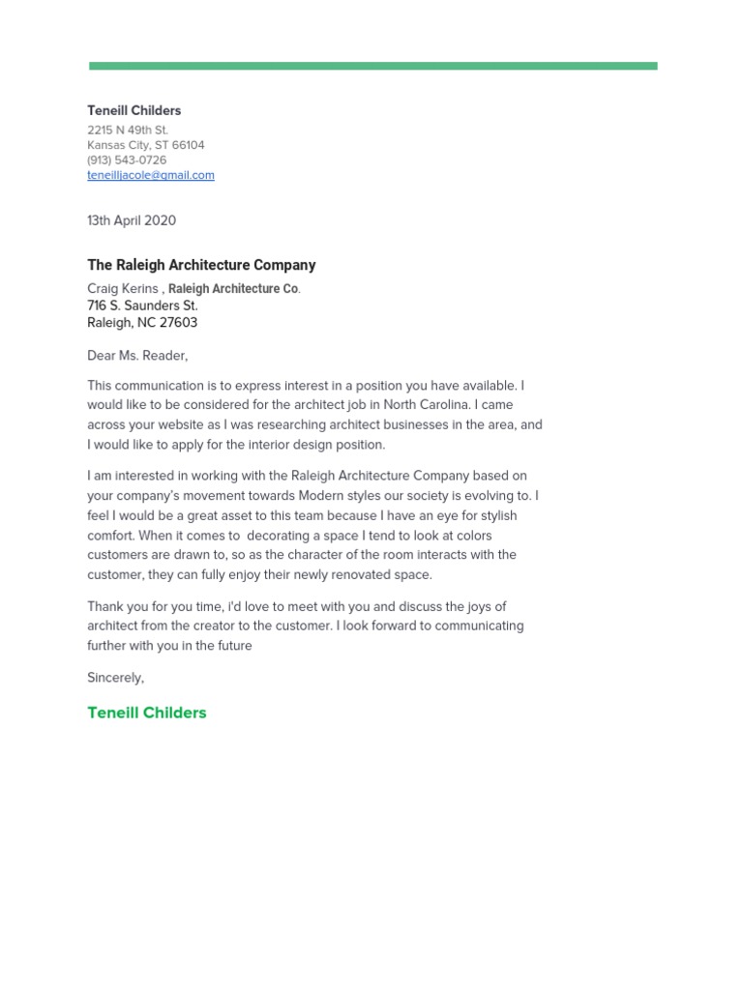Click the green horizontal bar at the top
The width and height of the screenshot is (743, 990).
(x=372, y=66)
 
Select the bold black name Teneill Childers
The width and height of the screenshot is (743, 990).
(x=134, y=110)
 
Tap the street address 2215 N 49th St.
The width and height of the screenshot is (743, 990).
(x=127, y=130)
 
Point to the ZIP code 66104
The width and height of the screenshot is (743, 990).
(x=188, y=145)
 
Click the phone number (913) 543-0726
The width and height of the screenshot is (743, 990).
(x=127, y=160)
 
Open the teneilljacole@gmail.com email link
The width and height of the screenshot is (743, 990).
(x=150, y=175)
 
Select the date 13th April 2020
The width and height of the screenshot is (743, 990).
(x=132, y=220)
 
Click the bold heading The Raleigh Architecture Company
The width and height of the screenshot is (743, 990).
(x=201, y=265)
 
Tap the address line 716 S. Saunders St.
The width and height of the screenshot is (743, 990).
(x=142, y=306)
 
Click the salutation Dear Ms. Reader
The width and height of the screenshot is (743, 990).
(x=137, y=356)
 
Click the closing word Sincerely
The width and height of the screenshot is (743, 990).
(x=115, y=678)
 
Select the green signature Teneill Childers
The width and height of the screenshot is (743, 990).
(x=147, y=713)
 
